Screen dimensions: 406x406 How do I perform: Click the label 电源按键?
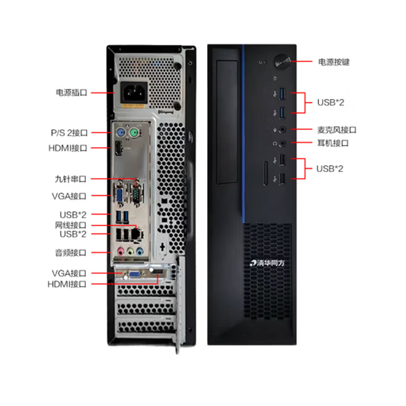tap(333, 62)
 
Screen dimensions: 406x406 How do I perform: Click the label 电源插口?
tap(71, 93)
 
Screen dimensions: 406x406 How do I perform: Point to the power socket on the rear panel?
tap(133, 93)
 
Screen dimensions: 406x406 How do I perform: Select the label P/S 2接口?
tap(69, 133)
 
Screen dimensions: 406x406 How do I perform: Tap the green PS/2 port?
tap(134, 133)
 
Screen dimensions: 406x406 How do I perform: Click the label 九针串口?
tap(71, 179)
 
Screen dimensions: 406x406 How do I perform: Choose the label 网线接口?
tap(71, 225)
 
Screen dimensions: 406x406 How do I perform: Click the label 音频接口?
tap(71, 252)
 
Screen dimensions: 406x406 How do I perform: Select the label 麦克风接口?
tap(337, 130)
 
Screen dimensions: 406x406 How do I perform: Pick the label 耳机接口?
tap(333, 144)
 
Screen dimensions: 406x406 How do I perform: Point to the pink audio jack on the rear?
tap(121, 251)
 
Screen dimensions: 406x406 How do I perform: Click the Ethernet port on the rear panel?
tap(136, 233)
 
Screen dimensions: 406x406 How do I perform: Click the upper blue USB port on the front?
tap(282, 93)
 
